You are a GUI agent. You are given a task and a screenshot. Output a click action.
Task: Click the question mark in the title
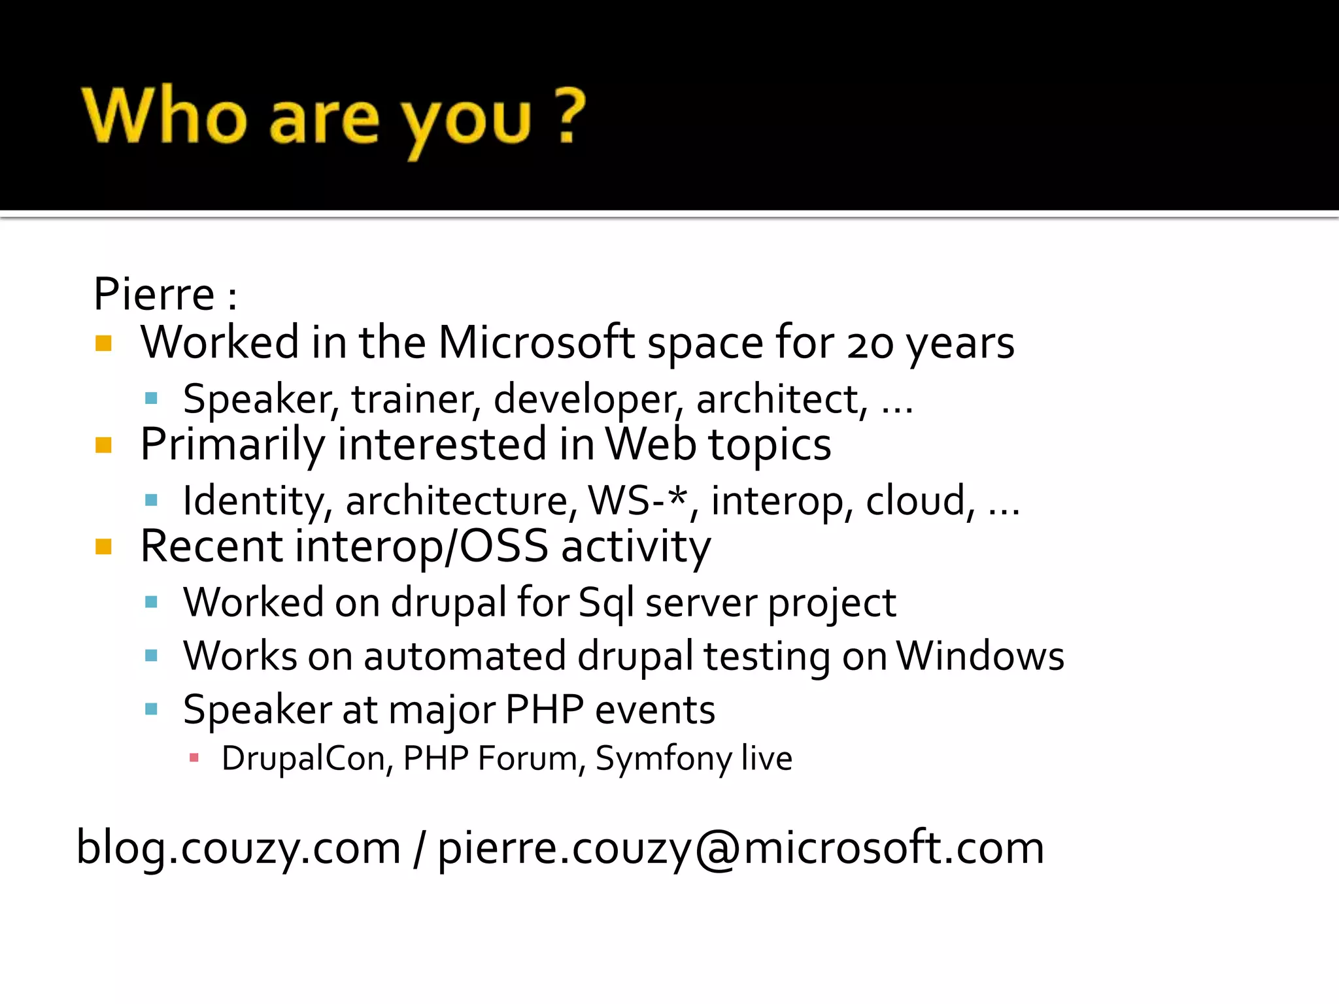(x=568, y=116)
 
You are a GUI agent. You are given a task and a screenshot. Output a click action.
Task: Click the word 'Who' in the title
(x=164, y=116)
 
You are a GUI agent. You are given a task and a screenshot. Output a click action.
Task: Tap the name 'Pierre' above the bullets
(x=154, y=294)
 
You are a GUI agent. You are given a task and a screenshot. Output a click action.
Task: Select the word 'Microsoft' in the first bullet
(x=536, y=343)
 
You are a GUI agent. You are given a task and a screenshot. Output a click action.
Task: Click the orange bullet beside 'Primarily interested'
(x=103, y=445)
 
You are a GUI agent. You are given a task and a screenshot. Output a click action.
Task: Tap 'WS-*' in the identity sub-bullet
(x=639, y=501)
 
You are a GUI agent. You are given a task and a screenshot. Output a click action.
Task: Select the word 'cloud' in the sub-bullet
(x=915, y=501)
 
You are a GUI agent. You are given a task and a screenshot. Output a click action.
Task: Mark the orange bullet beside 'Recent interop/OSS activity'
(x=103, y=546)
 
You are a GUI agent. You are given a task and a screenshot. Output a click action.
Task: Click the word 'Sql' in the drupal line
(x=606, y=603)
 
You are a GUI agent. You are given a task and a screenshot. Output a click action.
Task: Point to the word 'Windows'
(x=979, y=656)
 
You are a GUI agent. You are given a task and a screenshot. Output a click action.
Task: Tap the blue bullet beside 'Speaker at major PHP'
(x=152, y=709)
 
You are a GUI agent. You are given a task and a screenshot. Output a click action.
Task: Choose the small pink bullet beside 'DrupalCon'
(x=194, y=758)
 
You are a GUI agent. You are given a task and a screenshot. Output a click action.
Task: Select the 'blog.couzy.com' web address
(x=239, y=848)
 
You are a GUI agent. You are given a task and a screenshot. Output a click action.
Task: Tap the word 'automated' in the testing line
(x=464, y=656)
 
